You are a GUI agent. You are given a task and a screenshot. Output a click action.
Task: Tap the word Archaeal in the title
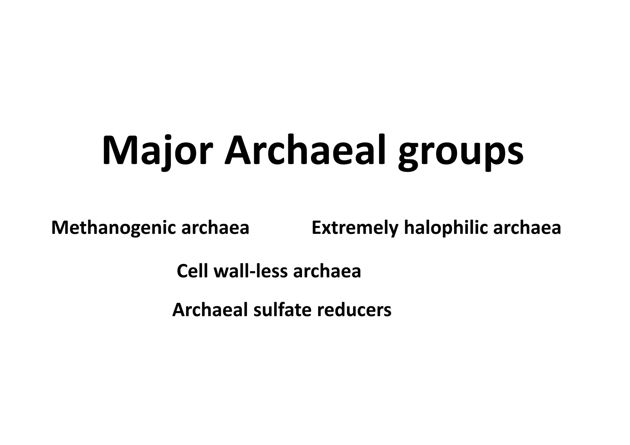[305, 151]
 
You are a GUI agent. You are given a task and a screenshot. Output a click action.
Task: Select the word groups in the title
[461, 154]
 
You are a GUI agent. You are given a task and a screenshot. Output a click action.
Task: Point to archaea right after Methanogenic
[215, 228]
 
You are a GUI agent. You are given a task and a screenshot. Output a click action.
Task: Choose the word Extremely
[355, 228]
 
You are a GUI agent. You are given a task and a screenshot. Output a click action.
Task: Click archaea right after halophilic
[527, 228]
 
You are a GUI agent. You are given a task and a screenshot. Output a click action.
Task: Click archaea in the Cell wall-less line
[327, 271]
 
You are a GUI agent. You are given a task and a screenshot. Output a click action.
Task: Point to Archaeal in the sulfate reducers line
[210, 310]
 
